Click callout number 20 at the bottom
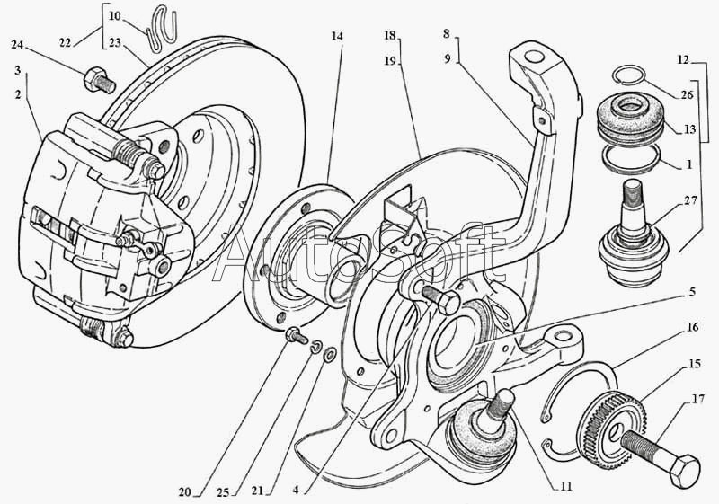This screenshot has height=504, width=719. click(186, 492)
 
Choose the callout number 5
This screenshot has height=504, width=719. click(693, 292)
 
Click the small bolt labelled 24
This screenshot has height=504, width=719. click(95, 81)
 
